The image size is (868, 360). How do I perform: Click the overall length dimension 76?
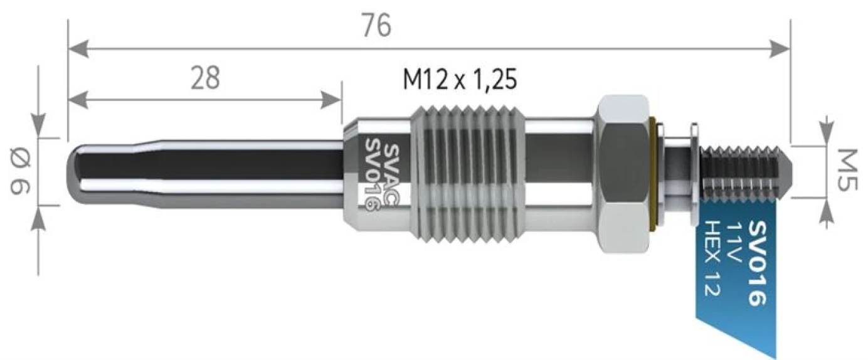coord(376,26)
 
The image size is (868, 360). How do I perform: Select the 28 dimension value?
coord(206,78)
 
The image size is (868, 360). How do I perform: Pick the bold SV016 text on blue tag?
coord(757,263)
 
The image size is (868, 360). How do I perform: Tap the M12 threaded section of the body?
coord(467,173)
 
